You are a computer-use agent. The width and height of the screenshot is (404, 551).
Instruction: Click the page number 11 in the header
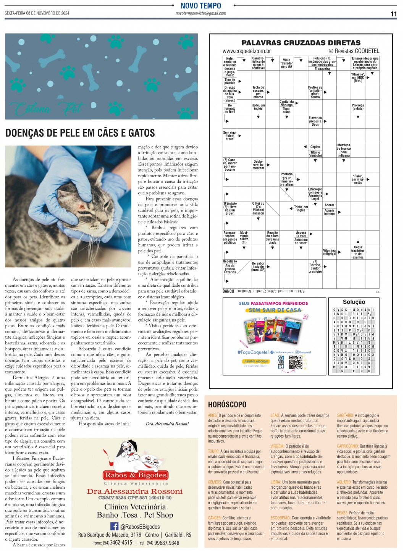[394, 14]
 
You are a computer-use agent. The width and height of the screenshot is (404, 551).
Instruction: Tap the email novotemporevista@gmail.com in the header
[201, 13]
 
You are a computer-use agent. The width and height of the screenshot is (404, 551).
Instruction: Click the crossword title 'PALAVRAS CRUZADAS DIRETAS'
[301, 43]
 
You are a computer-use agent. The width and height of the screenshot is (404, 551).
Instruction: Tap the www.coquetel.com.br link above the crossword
[247, 51]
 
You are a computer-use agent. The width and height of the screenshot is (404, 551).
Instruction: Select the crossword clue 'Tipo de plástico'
[230, 81]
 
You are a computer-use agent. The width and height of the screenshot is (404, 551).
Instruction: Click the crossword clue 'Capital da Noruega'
[287, 103]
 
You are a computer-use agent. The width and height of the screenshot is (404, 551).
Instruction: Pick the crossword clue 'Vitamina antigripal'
[330, 252]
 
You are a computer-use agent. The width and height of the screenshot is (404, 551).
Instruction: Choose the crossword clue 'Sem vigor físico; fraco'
[230, 136]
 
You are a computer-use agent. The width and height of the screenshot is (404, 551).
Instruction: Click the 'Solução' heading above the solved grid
[354, 302]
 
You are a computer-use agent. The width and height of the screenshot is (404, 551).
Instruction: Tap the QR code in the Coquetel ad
[296, 362]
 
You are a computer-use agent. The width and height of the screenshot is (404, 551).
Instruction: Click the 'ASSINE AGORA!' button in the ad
[256, 361]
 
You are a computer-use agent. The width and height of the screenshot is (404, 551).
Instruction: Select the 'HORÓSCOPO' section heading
[227, 404]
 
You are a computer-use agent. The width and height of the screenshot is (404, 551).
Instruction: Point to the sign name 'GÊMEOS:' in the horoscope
[215, 482]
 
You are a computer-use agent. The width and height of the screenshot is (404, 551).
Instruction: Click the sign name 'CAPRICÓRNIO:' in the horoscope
[348, 446]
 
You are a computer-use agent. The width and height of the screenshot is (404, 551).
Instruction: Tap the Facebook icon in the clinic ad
[114, 527]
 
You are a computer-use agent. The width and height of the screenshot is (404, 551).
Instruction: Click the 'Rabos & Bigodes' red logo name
[136, 475]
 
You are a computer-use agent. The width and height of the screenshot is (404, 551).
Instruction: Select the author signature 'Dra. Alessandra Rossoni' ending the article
[168, 424]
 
